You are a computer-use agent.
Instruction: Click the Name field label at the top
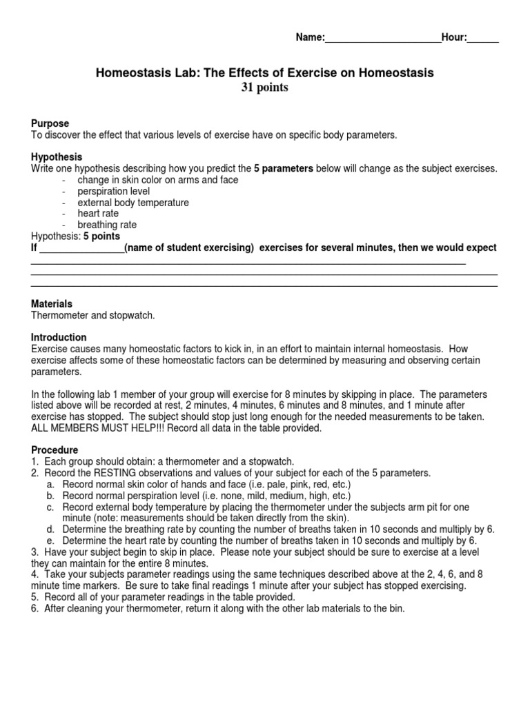pos(310,38)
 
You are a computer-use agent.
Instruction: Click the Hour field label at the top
pos(455,38)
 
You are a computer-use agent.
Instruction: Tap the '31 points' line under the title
pos(264,88)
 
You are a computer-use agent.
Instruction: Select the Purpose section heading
pos(50,123)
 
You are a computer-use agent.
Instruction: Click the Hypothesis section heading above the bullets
pos(57,157)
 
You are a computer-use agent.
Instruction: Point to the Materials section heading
pos(52,303)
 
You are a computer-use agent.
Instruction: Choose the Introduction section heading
pos(59,337)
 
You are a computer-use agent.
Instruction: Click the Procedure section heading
pos(55,450)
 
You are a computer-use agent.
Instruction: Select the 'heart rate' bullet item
pos(98,214)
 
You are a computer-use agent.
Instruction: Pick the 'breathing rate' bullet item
pos(107,225)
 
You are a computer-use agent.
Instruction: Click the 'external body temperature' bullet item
pos(132,203)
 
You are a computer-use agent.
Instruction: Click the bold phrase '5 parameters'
pos(283,168)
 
